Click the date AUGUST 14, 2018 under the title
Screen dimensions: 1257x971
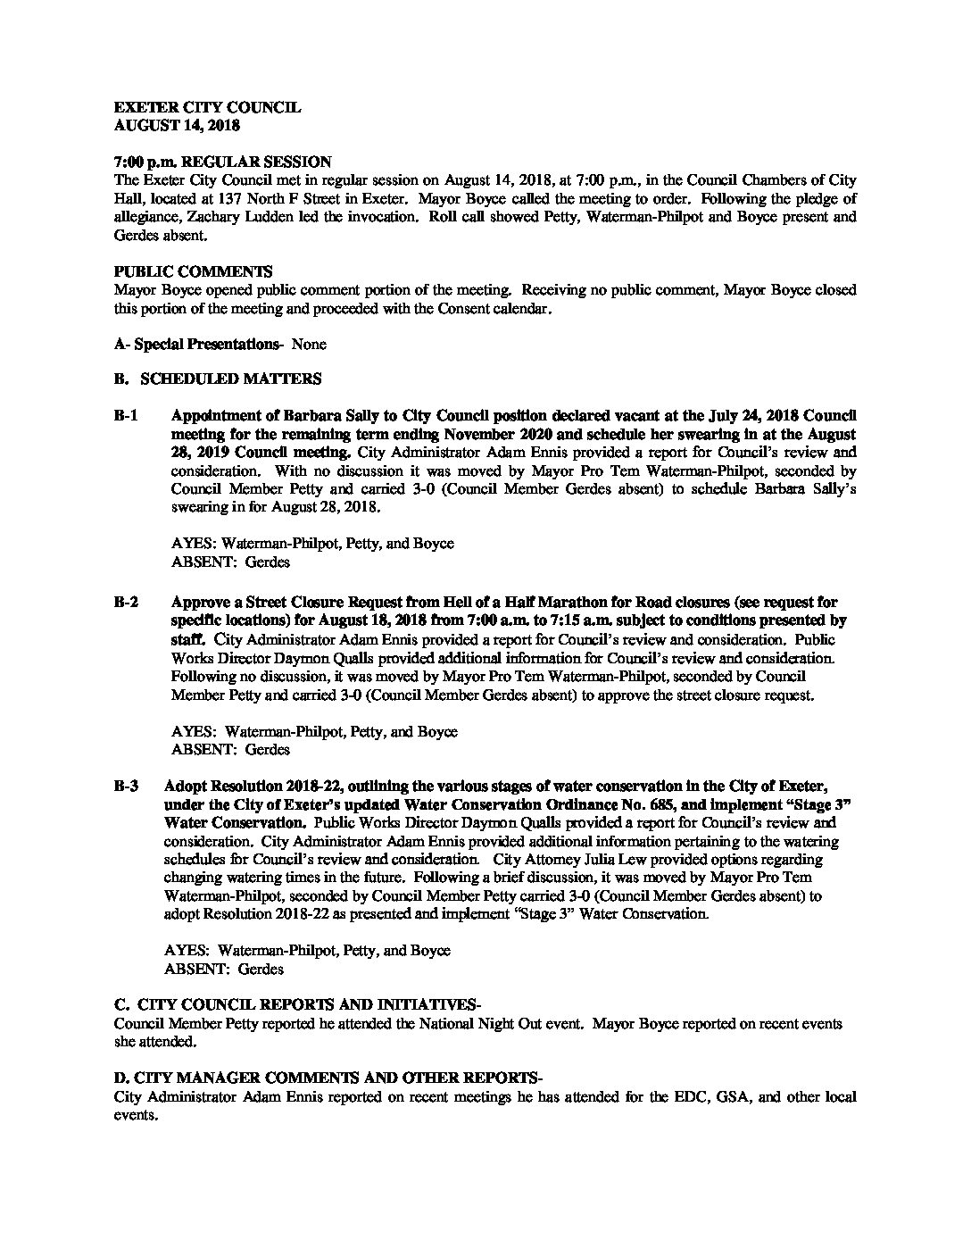(x=177, y=126)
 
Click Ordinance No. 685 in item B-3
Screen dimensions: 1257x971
(x=551, y=804)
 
